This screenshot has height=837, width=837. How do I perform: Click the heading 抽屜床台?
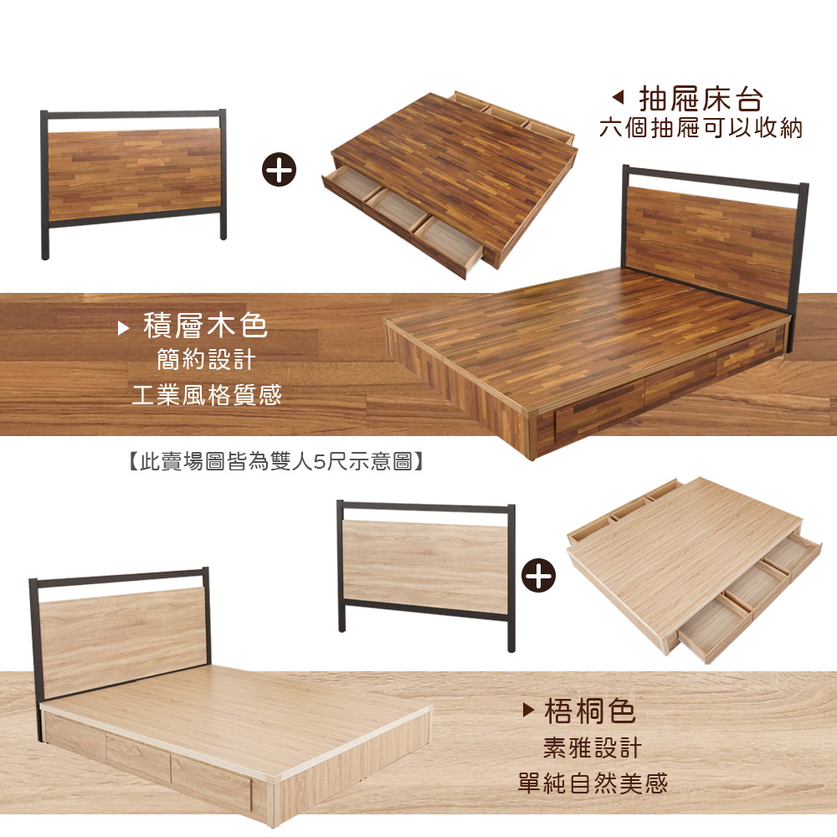point(701,99)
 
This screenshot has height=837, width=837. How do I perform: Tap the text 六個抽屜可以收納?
point(701,129)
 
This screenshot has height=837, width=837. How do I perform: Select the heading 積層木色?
point(205,326)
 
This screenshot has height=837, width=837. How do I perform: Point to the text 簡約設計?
point(206,360)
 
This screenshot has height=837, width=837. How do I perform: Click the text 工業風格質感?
point(207,396)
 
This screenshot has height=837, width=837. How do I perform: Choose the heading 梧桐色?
point(590,711)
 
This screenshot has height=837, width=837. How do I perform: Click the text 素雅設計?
point(592,747)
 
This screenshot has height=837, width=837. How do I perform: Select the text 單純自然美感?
point(593,783)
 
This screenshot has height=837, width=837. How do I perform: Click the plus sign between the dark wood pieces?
point(279,170)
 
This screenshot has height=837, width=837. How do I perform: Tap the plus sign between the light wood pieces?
point(538,576)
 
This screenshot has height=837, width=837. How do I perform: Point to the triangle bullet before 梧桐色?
point(528,710)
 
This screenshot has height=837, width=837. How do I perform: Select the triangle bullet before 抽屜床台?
point(618,97)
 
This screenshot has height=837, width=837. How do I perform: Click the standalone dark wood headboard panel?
point(134,175)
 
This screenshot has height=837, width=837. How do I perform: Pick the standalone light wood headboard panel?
point(425,567)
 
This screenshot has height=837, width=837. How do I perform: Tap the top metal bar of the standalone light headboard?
point(425,507)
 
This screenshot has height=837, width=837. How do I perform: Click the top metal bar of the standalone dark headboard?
point(133,114)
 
